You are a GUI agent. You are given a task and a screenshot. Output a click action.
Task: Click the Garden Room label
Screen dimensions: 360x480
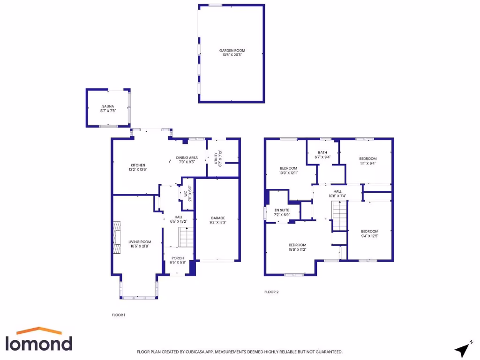(232, 52)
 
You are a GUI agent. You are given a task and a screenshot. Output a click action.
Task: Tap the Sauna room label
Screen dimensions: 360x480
(108, 108)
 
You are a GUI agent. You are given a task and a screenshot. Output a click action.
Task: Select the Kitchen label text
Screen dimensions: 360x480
(138, 167)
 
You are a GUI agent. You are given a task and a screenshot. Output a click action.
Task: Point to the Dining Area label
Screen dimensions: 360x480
(187, 159)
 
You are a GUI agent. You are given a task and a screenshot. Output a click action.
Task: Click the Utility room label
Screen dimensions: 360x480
(217, 158)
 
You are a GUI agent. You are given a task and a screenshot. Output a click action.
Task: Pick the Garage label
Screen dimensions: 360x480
(218, 220)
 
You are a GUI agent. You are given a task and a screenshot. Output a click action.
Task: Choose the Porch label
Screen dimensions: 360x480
(178, 260)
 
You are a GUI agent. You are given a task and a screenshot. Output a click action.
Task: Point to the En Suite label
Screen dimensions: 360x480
(281, 212)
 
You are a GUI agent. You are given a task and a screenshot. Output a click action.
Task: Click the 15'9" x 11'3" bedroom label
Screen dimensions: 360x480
(297, 247)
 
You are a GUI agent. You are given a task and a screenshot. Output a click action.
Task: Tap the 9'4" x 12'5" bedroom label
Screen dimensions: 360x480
(369, 233)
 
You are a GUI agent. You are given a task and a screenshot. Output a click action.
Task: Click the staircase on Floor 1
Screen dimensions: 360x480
(186, 237)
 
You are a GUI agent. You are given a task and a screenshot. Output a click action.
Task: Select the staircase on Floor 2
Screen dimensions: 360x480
(339, 216)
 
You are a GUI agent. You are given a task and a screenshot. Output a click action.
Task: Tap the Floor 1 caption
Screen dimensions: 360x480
(118, 315)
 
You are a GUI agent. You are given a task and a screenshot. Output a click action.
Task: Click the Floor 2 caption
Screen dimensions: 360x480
(271, 292)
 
